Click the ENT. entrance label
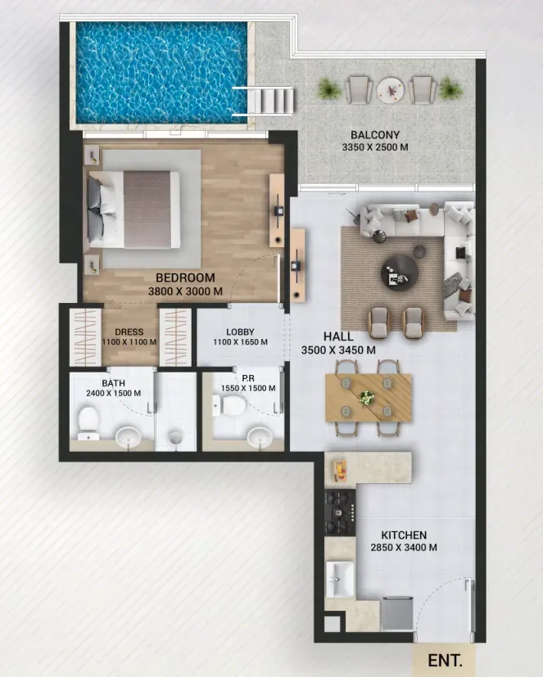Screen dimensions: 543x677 point(445,660)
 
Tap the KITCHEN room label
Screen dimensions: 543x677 point(404,535)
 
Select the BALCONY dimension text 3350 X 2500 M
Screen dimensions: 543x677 point(375,147)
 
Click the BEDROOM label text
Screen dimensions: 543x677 point(185,278)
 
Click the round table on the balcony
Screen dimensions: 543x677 point(390,90)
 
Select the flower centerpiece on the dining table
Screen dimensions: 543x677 point(367,397)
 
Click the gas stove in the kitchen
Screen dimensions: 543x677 point(340,512)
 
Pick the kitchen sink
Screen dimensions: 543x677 point(340,580)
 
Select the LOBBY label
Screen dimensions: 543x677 point(240,332)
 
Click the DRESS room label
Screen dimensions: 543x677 point(129,332)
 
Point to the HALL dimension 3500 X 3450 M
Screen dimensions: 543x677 point(338,350)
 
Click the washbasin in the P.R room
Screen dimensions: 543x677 point(260,437)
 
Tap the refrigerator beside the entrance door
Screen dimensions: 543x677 point(397,613)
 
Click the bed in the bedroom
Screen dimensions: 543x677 point(134,210)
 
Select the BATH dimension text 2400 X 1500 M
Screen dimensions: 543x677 point(114,393)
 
